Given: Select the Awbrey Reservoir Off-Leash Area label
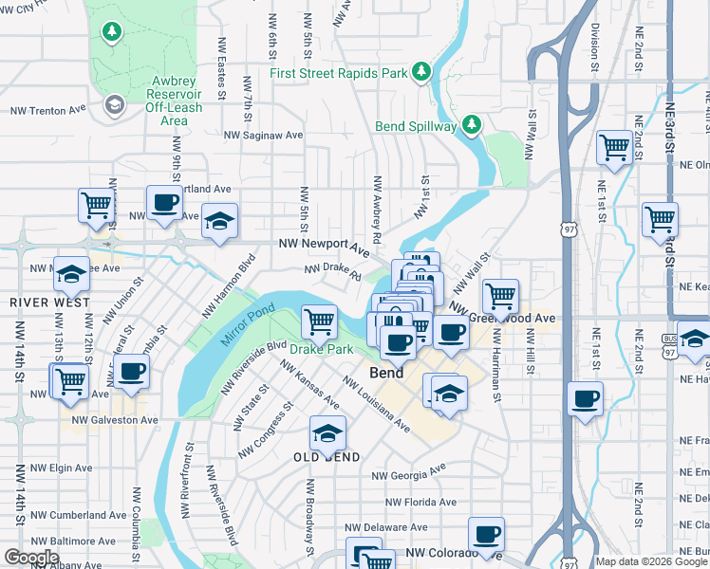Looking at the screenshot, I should pyautogui.click(x=174, y=101).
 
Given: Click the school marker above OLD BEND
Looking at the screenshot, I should pyautogui.click(x=327, y=433).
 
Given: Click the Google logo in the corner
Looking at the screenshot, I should pyautogui.click(x=31, y=557).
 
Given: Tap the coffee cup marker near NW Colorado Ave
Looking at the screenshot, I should pyautogui.click(x=487, y=534).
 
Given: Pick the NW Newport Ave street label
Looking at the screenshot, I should pyautogui.click(x=323, y=247).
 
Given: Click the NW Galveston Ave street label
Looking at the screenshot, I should pyautogui.click(x=110, y=420).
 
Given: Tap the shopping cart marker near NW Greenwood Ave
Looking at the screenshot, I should pyautogui.click(x=500, y=296).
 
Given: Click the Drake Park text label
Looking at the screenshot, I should pyautogui.click(x=321, y=349).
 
